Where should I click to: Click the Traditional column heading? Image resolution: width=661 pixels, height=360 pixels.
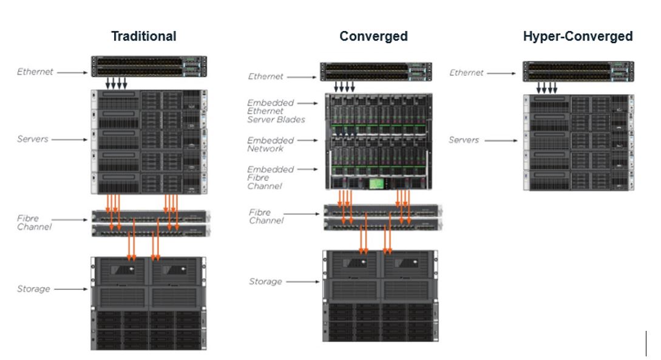144,36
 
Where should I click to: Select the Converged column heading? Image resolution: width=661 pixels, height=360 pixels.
373,36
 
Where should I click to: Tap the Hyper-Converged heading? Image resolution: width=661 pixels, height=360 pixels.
578,36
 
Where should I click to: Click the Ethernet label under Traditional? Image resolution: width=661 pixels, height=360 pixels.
35,72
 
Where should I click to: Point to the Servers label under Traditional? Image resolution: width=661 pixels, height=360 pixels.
32,139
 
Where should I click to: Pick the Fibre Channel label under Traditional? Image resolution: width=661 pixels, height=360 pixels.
34,223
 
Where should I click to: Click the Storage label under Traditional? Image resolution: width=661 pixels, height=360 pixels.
33,289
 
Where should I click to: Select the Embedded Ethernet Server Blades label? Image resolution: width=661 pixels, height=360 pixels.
276,111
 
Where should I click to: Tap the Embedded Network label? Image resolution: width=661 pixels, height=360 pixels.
270,144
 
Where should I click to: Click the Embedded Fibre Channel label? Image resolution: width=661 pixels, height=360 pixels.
270,177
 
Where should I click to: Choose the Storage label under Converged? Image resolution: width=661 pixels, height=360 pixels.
265,281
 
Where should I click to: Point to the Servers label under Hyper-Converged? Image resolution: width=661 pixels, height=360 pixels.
464,140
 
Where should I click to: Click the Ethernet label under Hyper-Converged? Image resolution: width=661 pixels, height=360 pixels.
466,73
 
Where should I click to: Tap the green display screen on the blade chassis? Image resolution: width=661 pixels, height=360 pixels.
377,183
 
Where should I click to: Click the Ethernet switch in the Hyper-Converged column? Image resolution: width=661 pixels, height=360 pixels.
578,71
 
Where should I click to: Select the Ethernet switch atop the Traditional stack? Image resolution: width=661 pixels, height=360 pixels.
149,66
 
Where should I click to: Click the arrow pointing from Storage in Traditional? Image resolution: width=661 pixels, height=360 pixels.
71,289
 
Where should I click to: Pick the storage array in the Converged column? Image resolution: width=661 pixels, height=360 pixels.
380,296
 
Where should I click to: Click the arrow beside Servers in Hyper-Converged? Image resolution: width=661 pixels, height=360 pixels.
501,140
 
